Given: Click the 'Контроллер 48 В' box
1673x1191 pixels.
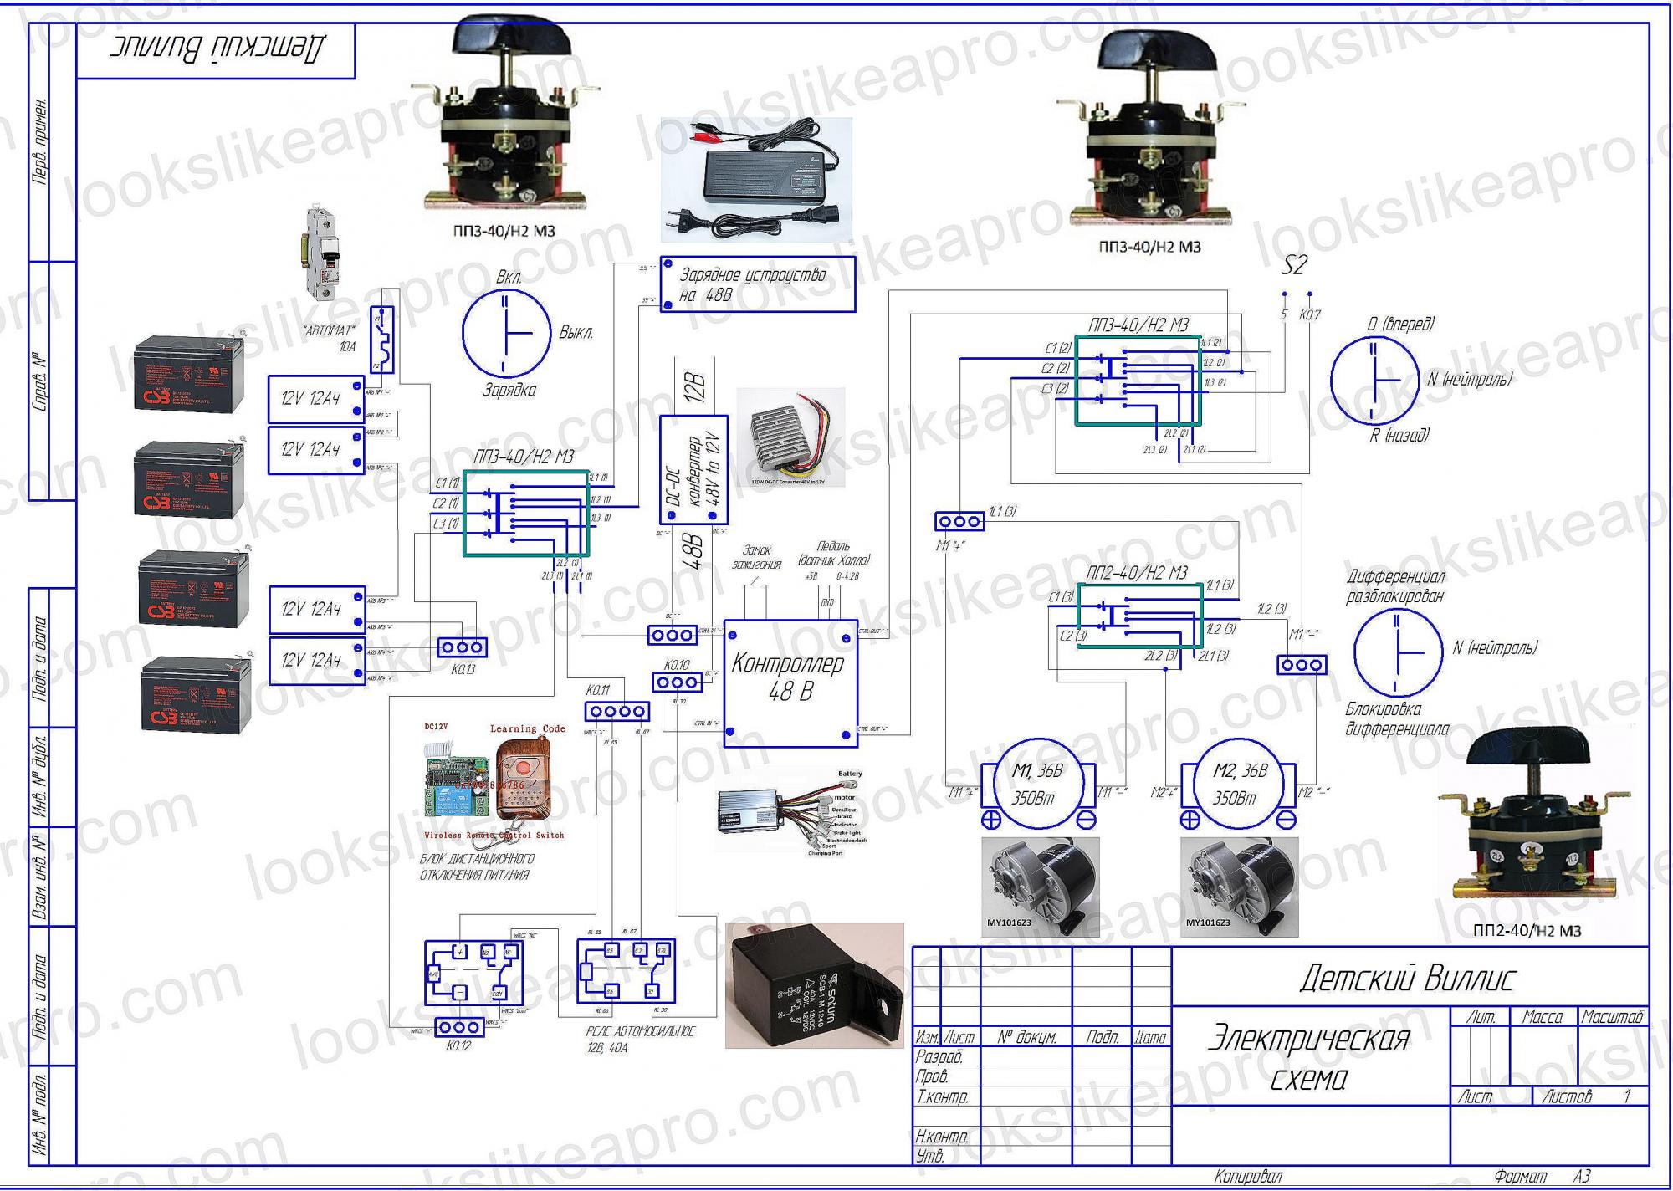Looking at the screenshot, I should [790, 682].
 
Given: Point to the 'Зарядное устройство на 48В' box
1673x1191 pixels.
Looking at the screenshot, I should [758, 284].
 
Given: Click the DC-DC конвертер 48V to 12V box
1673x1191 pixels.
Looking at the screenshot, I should [693, 470].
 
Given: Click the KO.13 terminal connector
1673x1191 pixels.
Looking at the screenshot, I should [463, 647].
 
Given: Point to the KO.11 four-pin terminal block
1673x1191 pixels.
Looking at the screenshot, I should [617, 712].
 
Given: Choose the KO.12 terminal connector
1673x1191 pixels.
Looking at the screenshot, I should [458, 1027].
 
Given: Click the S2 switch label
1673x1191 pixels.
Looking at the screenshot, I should [1293, 266].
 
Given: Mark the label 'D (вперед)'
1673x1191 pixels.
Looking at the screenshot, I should [1400, 325].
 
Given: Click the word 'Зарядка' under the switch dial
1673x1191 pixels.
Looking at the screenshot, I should [509, 391].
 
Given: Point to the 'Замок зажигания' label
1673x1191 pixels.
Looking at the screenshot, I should [757, 557].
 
